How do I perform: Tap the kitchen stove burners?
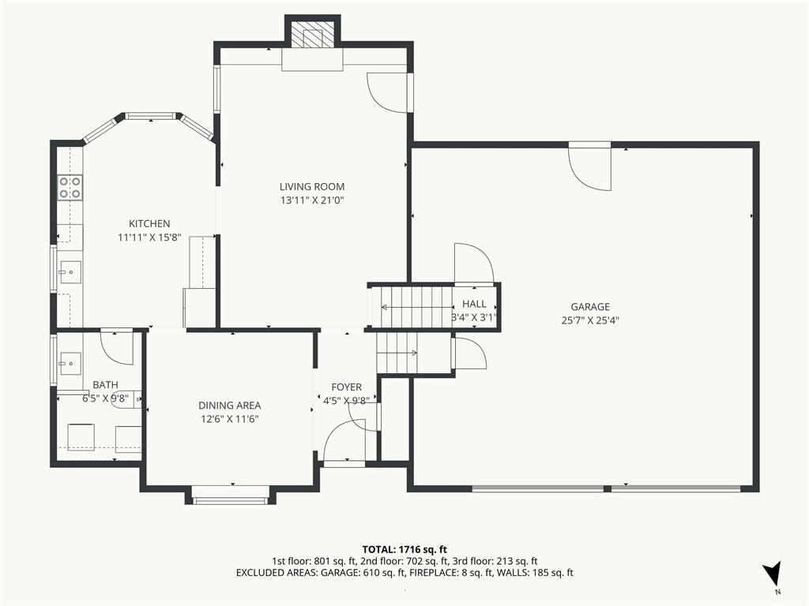pyautogui.click(x=70, y=188)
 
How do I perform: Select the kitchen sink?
pyautogui.click(x=70, y=271)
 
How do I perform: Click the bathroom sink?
pyautogui.click(x=70, y=364)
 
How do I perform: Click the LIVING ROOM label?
pyautogui.click(x=312, y=186)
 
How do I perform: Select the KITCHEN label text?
pyautogui.click(x=149, y=223)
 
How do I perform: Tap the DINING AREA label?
pyautogui.click(x=230, y=406)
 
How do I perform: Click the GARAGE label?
pyautogui.click(x=590, y=307)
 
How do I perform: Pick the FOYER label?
pyautogui.click(x=346, y=387)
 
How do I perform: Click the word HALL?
pyautogui.click(x=474, y=304)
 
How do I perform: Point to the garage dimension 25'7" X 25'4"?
pyautogui.click(x=590, y=320)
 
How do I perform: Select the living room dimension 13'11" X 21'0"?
pyautogui.click(x=312, y=200)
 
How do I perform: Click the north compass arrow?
pyautogui.click(x=773, y=573)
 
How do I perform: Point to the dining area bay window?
pyautogui.click(x=230, y=499)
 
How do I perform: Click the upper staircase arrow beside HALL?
pyautogui.click(x=417, y=308)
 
